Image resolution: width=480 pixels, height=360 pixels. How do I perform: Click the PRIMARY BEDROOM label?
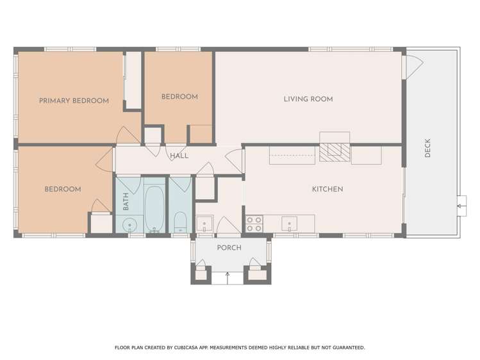coord(74,101)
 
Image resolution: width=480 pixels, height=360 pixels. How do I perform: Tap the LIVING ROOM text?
coord(308,99)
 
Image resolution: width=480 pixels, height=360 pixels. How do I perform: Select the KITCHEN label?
coord(327,189)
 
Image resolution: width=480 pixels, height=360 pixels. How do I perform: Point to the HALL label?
coord(179,156)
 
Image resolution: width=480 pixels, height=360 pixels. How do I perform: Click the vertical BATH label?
coord(126,202)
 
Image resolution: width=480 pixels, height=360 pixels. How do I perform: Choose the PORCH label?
coord(229,248)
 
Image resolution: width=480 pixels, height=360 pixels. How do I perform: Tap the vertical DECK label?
coord(427,149)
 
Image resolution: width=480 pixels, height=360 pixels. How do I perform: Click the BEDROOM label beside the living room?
coord(179,97)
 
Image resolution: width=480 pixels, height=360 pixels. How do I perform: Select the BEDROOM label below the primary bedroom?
coord(62,189)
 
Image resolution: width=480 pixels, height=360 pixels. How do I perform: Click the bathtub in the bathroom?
coord(154,209)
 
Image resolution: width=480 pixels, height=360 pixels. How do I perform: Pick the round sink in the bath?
coord(130,225)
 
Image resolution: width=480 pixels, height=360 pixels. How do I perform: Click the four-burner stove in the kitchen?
coord(254,224)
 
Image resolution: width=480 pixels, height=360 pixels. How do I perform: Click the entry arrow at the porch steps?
coord(228,277)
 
